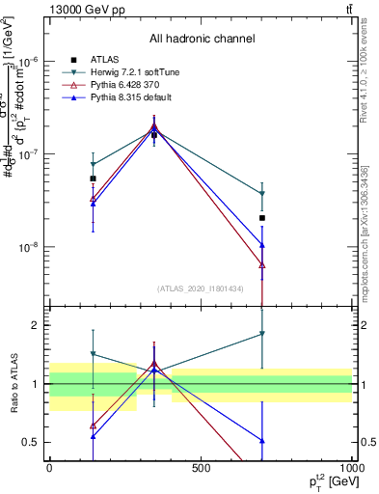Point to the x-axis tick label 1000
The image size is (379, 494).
coord(351,468)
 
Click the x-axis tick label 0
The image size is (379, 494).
coord(49,468)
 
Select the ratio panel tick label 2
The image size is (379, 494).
coord(37,325)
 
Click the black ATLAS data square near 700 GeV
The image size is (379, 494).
coord(262,218)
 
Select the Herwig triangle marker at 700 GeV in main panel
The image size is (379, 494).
coord(262,194)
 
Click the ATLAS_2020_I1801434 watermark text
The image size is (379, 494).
coord(201,288)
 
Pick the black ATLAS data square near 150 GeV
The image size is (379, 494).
coord(94,178)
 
